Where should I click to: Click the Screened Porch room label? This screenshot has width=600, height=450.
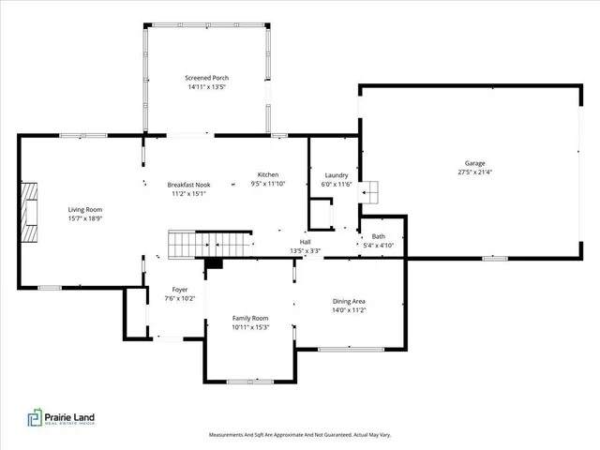(x=206, y=78)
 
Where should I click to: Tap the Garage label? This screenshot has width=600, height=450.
(x=475, y=163)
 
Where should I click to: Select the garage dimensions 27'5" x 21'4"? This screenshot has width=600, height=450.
(x=475, y=172)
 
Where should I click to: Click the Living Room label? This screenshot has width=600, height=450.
(x=84, y=209)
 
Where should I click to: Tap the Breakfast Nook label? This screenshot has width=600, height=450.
(x=188, y=185)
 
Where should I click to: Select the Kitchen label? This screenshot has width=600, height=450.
(x=268, y=175)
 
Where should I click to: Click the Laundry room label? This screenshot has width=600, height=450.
(x=337, y=175)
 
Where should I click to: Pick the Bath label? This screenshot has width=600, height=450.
(x=378, y=236)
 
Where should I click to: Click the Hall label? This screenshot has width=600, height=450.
(x=305, y=242)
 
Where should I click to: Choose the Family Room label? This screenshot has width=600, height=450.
(x=250, y=318)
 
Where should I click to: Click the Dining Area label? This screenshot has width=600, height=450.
(x=349, y=301)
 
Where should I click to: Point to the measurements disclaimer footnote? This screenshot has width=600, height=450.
(x=300, y=435)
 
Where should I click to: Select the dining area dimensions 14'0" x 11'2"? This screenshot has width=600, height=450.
(x=349, y=310)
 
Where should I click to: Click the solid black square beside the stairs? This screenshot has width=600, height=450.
(x=215, y=263)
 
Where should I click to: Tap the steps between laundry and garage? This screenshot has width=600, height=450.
(x=372, y=191)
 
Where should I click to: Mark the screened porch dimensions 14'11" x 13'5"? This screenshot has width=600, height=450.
(x=206, y=87)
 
